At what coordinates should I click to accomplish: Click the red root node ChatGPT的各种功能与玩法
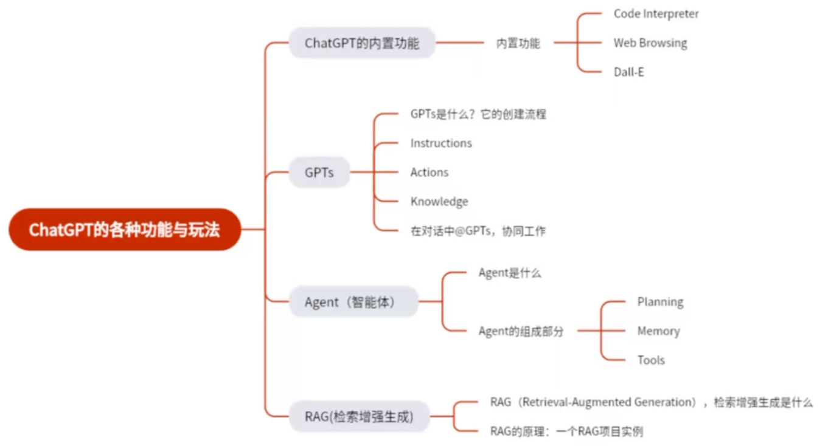125,230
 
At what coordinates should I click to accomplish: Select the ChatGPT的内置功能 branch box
362,43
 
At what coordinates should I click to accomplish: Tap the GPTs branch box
319,173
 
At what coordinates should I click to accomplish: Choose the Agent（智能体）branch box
353,301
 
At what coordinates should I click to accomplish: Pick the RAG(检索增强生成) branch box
359,417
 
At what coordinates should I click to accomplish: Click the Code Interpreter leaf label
656,13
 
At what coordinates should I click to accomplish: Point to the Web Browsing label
650,43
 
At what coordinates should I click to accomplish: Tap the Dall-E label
628,72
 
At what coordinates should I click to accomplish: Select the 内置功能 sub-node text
518,43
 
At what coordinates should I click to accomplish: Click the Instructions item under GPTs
441,143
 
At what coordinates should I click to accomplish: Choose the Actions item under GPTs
429,173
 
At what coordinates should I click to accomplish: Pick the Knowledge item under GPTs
439,202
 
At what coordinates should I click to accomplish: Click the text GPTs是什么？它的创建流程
478,114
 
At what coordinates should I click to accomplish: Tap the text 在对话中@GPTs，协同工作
478,231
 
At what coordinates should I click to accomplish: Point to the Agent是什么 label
510,273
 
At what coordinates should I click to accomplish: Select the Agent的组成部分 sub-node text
521,331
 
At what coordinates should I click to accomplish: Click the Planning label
660,302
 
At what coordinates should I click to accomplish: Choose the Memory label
658,331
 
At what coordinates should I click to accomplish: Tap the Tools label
651,360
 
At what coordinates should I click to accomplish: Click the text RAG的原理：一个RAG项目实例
566,431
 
